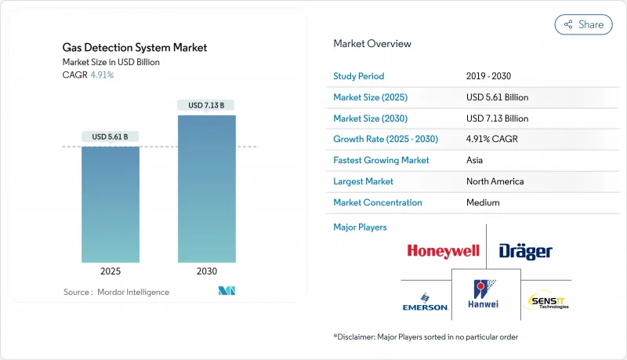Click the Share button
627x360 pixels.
point(584,24)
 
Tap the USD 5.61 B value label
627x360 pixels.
point(111,136)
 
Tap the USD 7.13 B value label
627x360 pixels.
point(206,105)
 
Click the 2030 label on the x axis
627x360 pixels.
point(206,271)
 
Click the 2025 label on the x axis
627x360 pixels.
point(111,271)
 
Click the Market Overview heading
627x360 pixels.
point(372,43)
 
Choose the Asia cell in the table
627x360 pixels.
point(476,160)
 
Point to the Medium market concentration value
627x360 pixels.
point(483,202)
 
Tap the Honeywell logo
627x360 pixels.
point(443,251)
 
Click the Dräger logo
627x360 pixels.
point(525,251)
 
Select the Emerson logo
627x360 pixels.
point(424,302)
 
